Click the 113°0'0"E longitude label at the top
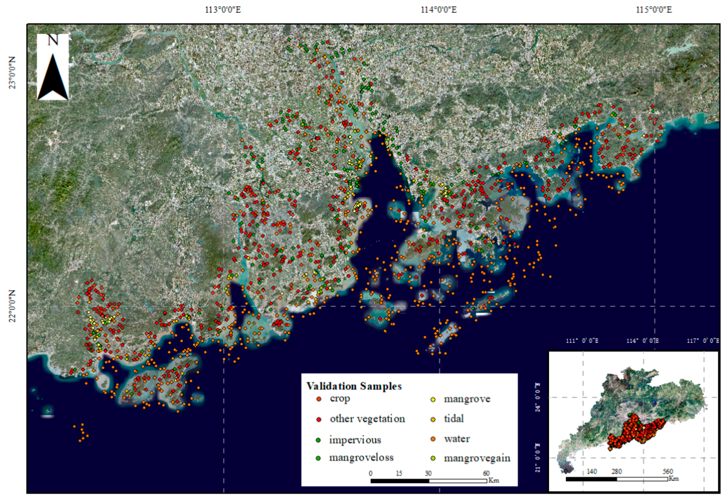[223, 10]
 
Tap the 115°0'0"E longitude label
[654, 10]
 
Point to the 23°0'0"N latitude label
[12, 73]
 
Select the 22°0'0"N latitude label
[12, 306]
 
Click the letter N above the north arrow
[53, 40]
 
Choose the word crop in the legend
[340, 399]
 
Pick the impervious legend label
[355, 440]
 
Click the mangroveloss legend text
[361, 458]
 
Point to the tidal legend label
[454, 419]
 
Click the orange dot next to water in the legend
[433, 439]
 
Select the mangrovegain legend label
[477, 458]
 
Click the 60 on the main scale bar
[486, 473]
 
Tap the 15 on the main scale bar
[399, 473]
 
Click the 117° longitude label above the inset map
[703, 341]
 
